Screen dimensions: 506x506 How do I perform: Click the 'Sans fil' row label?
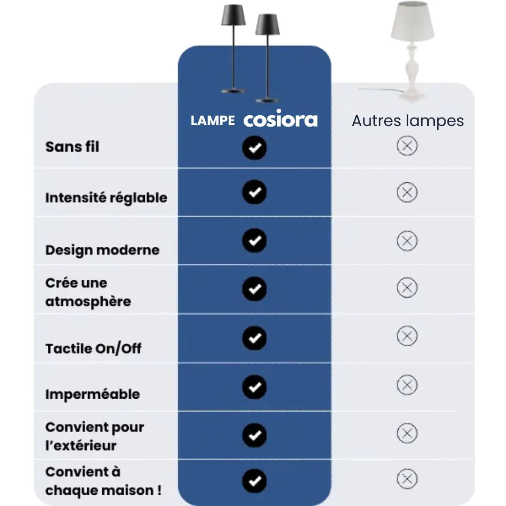(x=72, y=147)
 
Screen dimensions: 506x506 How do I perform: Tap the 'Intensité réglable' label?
(x=106, y=198)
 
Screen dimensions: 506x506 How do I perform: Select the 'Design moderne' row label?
(x=102, y=250)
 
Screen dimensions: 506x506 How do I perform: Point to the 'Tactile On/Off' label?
(x=93, y=349)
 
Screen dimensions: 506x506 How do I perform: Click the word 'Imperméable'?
(x=93, y=394)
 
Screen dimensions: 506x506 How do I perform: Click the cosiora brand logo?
(x=281, y=119)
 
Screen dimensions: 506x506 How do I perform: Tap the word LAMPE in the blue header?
(x=213, y=121)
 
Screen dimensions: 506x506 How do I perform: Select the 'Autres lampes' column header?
(x=408, y=121)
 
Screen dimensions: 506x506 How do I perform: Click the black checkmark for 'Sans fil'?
(x=254, y=148)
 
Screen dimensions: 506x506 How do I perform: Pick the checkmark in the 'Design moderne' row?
(x=254, y=240)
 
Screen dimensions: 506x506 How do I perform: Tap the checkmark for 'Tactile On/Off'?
(x=254, y=338)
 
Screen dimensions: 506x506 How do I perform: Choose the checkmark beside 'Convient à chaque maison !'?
(x=254, y=481)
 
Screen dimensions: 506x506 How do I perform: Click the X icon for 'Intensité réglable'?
(x=407, y=193)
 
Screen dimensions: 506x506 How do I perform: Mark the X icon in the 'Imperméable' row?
(x=407, y=385)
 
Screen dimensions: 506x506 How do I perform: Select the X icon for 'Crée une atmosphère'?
(x=407, y=288)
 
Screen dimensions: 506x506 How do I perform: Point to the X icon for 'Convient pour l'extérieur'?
(x=407, y=433)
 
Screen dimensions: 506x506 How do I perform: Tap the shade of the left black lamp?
(x=233, y=15)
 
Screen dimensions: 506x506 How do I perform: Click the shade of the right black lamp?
(x=268, y=24)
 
